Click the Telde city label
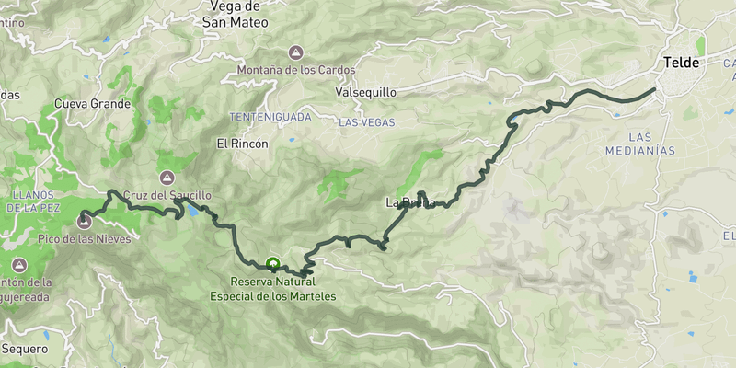click(682, 63)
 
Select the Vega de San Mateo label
click(235, 15)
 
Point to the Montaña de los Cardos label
click(295, 70)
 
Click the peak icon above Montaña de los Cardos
click(295, 52)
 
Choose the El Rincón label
click(242, 144)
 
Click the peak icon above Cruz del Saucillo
click(167, 178)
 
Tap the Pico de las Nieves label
click(85, 239)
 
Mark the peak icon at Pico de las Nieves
click(86, 219)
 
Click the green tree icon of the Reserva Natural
click(271, 263)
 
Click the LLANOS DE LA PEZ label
click(34, 201)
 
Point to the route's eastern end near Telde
click(655, 89)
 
